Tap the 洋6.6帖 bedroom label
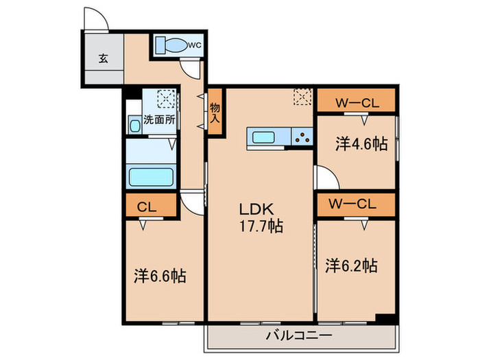coord(159,276)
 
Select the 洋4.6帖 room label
coord(361,144)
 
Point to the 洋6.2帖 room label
coord(350,265)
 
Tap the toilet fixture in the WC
coord(171,45)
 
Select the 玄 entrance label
coord(102,58)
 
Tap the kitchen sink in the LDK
coord(264,136)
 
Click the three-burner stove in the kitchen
coord(300,136)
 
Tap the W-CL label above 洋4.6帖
coord(357,103)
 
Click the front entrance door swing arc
coord(96,19)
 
